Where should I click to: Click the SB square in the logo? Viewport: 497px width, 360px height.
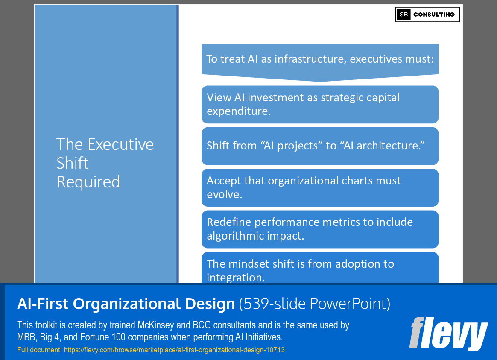403,15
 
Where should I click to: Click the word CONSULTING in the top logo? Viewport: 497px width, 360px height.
434,15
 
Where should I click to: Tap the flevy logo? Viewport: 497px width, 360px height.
448,334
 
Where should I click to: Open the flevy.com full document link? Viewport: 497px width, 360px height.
174,350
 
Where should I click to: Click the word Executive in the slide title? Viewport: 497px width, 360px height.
121,144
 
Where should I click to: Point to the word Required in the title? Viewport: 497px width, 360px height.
88,182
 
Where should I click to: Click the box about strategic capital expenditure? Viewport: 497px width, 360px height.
320,104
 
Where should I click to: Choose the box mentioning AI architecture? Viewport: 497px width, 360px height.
320,146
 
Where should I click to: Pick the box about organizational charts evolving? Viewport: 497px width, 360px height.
320,187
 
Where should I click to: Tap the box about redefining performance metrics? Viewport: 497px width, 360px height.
320,229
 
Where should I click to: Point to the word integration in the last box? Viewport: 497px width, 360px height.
235,278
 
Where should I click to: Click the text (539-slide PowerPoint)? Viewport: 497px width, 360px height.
315,304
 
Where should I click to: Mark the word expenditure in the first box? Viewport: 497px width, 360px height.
239,111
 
